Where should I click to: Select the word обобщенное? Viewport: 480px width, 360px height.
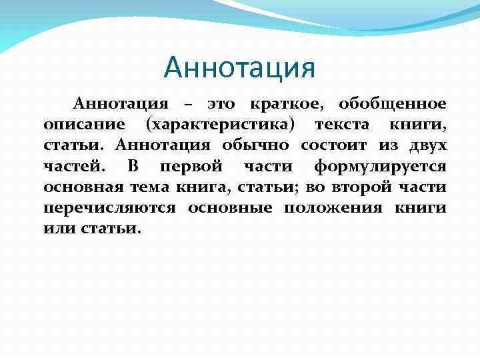coord(392,105)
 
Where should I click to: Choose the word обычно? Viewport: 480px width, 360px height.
coord(255,145)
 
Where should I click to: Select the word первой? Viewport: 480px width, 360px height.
coord(183,167)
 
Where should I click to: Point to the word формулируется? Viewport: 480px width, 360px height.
coord(380,167)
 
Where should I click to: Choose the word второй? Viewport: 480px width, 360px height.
coord(377,187)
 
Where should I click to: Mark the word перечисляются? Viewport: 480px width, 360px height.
coord(110,207)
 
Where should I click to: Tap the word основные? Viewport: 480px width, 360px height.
coord(230,207)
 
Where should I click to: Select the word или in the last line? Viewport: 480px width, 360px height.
coord(57,228)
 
